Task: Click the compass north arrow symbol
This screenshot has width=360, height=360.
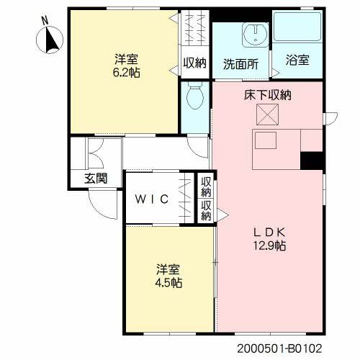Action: (x=50, y=40)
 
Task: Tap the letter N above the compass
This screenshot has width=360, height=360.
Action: (x=45, y=20)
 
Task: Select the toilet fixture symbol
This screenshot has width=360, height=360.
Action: (x=195, y=96)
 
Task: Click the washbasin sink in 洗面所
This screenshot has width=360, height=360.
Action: (x=256, y=35)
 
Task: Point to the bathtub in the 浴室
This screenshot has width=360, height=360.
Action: (x=297, y=27)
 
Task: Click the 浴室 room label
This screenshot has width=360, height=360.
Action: (x=297, y=60)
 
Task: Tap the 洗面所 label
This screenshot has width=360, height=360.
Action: (x=240, y=64)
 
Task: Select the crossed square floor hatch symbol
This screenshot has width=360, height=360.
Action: (x=267, y=114)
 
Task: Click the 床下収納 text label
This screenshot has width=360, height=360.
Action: (x=268, y=95)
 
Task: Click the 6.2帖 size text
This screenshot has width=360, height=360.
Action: (x=127, y=72)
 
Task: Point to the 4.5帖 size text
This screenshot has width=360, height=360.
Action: (x=168, y=283)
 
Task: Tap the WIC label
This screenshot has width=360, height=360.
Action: (x=152, y=199)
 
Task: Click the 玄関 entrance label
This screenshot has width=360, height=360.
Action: (x=96, y=179)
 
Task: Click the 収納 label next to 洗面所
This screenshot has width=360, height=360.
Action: (x=195, y=63)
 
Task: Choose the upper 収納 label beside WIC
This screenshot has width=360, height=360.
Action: (x=206, y=186)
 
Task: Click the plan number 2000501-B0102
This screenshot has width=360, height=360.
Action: (x=279, y=348)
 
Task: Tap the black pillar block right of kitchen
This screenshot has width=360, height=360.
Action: (x=312, y=161)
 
